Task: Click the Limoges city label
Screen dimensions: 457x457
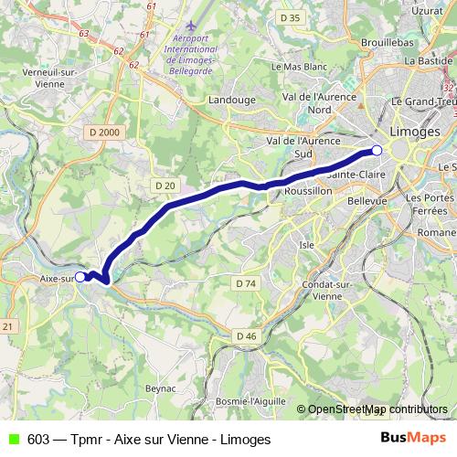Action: [x=414, y=132]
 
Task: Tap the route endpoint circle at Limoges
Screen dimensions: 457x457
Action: [x=377, y=151]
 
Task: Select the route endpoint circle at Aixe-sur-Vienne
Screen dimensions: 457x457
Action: [x=80, y=276]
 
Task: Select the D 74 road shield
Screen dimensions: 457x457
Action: [x=245, y=283]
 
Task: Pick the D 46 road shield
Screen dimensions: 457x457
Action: [x=246, y=336]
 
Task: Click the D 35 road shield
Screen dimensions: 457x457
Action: [x=291, y=17]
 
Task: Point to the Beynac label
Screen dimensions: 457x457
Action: [x=162, y=388]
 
